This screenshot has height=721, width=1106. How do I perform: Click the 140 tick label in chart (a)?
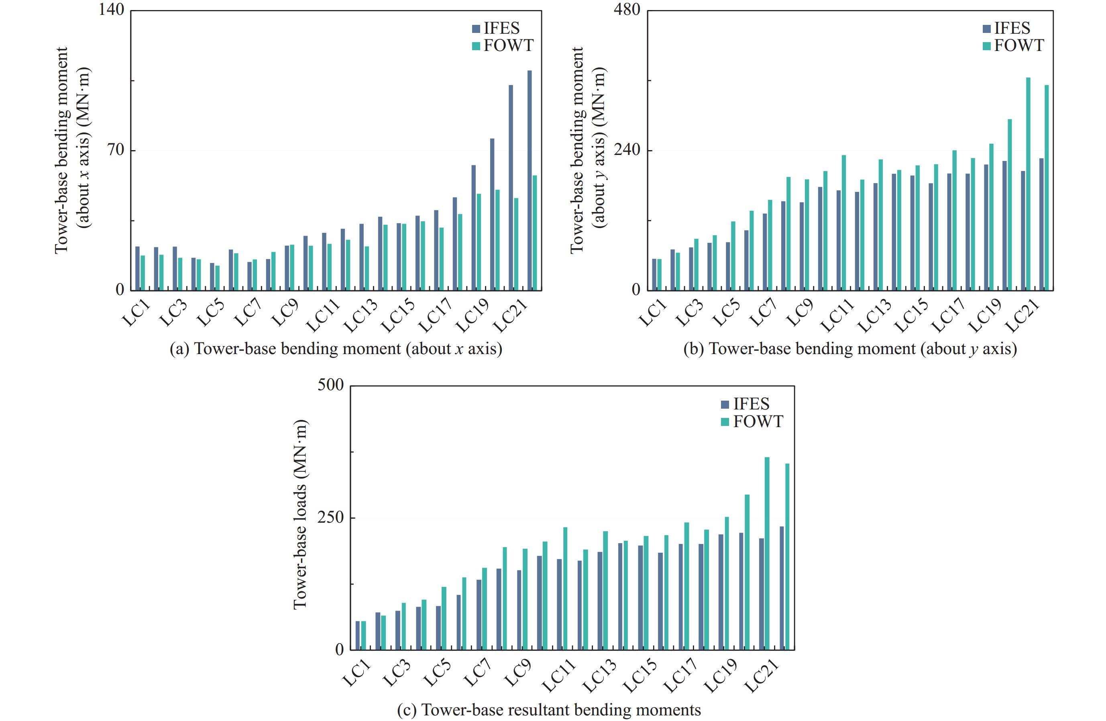[112, 10]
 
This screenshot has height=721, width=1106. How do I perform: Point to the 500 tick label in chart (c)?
[330, 385]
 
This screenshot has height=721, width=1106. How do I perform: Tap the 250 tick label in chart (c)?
[330, 517]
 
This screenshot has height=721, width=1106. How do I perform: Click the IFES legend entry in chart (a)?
[496, 29]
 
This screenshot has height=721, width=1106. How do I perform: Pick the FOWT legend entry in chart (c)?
[752, 422]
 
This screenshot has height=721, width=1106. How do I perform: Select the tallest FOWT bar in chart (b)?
[1028, 184]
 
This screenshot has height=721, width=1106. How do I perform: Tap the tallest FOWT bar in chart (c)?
[767, 553]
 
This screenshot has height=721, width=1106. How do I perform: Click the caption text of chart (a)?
[336, 348]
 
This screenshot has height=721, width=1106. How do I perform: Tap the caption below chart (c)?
[549, 710]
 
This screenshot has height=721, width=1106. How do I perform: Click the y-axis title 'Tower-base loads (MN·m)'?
[300, 514]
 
